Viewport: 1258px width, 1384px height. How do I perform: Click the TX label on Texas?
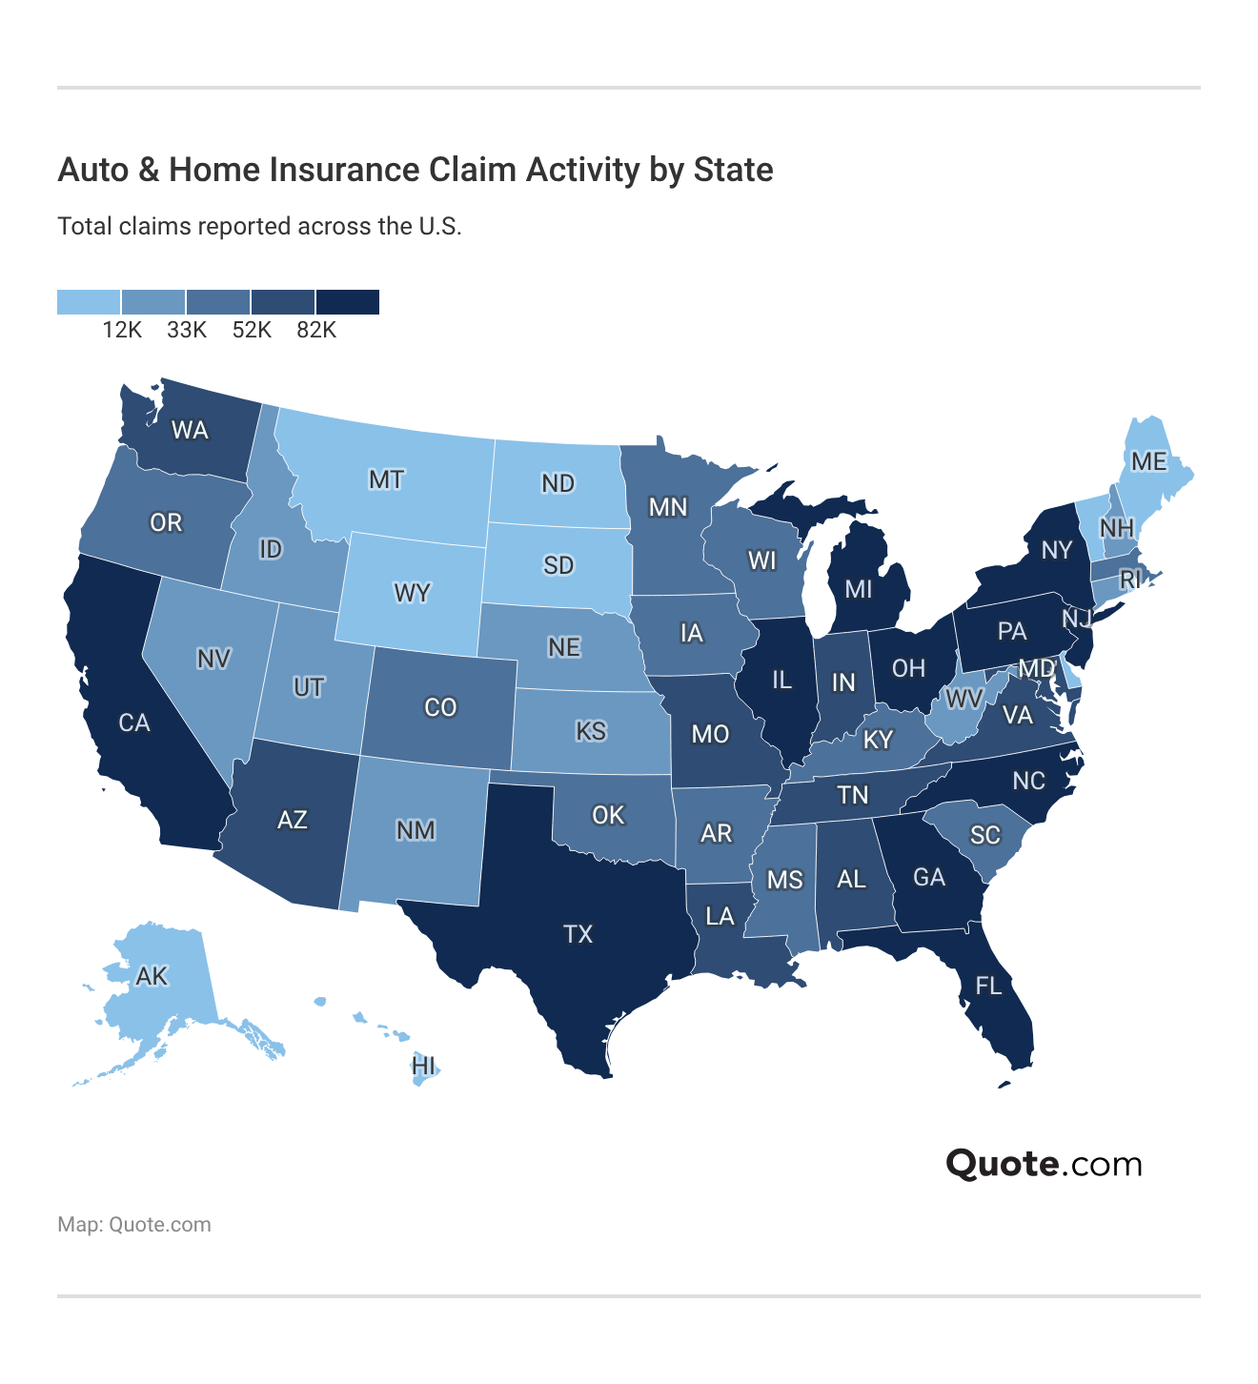click(578, 934)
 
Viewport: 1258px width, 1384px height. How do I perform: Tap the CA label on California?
click(134, 723)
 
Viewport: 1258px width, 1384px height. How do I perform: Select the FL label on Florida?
click(989, 986)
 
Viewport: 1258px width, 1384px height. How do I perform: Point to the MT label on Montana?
click(386, 479)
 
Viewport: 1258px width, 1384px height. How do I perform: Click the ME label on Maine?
click(1148, 461)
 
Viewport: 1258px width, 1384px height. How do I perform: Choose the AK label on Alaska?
click(152, 976)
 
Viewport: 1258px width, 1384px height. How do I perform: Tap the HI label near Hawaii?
click(424, 1066)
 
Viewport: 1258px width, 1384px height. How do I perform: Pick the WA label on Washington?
click(190, 430)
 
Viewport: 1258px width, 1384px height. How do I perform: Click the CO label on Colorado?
click(440, 707)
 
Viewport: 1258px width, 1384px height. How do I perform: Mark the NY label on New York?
click(1057, 550)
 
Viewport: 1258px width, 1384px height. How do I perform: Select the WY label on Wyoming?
click(412, 593)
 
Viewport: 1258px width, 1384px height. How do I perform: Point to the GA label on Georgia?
click(929, 877)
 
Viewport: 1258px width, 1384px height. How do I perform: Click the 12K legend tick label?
click(122, 330)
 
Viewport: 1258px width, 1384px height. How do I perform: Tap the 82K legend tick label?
click(316, 330)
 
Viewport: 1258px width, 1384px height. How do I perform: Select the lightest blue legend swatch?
click(89, 302)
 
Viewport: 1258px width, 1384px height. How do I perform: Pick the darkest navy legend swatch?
click(348, 302)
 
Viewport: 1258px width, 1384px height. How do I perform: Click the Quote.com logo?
click(1044, 1164)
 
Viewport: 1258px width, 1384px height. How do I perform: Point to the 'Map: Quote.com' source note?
click(134, 1225)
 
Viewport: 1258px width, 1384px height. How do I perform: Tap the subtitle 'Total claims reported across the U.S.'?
click(259, 227)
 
